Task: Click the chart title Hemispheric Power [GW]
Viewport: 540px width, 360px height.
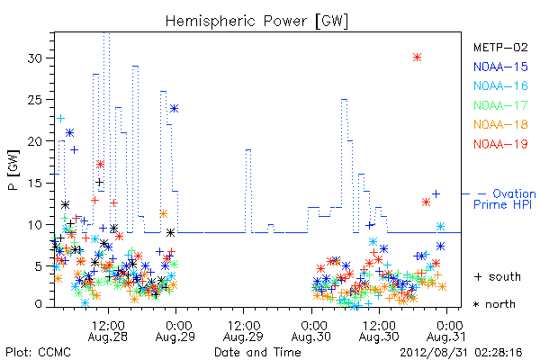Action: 256,22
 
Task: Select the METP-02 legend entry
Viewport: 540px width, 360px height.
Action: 500,47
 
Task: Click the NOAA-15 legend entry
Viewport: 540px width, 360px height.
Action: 500,67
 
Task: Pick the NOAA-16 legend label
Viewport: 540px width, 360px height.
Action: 500,85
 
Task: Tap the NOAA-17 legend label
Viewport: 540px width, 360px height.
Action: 500,105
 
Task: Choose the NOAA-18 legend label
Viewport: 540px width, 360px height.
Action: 500,124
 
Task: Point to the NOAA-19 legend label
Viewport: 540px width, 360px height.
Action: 500,144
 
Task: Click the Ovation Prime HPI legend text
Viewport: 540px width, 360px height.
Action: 505,199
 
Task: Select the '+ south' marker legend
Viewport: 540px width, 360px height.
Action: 498,276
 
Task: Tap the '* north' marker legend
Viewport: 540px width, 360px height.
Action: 494,304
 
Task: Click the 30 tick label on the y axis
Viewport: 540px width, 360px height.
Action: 35,58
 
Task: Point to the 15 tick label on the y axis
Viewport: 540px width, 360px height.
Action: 35,183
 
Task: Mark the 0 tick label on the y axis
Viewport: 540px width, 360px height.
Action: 38,304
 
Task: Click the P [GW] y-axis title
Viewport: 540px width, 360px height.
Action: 13,170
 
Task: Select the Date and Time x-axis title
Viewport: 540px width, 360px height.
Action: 257,352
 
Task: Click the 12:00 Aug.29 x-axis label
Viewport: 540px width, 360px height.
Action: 244,331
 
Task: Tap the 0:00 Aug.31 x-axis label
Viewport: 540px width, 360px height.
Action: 446,331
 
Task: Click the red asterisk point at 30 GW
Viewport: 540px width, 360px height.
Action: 417,58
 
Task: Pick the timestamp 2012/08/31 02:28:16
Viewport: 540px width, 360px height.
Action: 461,353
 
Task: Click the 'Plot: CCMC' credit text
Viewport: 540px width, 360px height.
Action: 38,353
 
